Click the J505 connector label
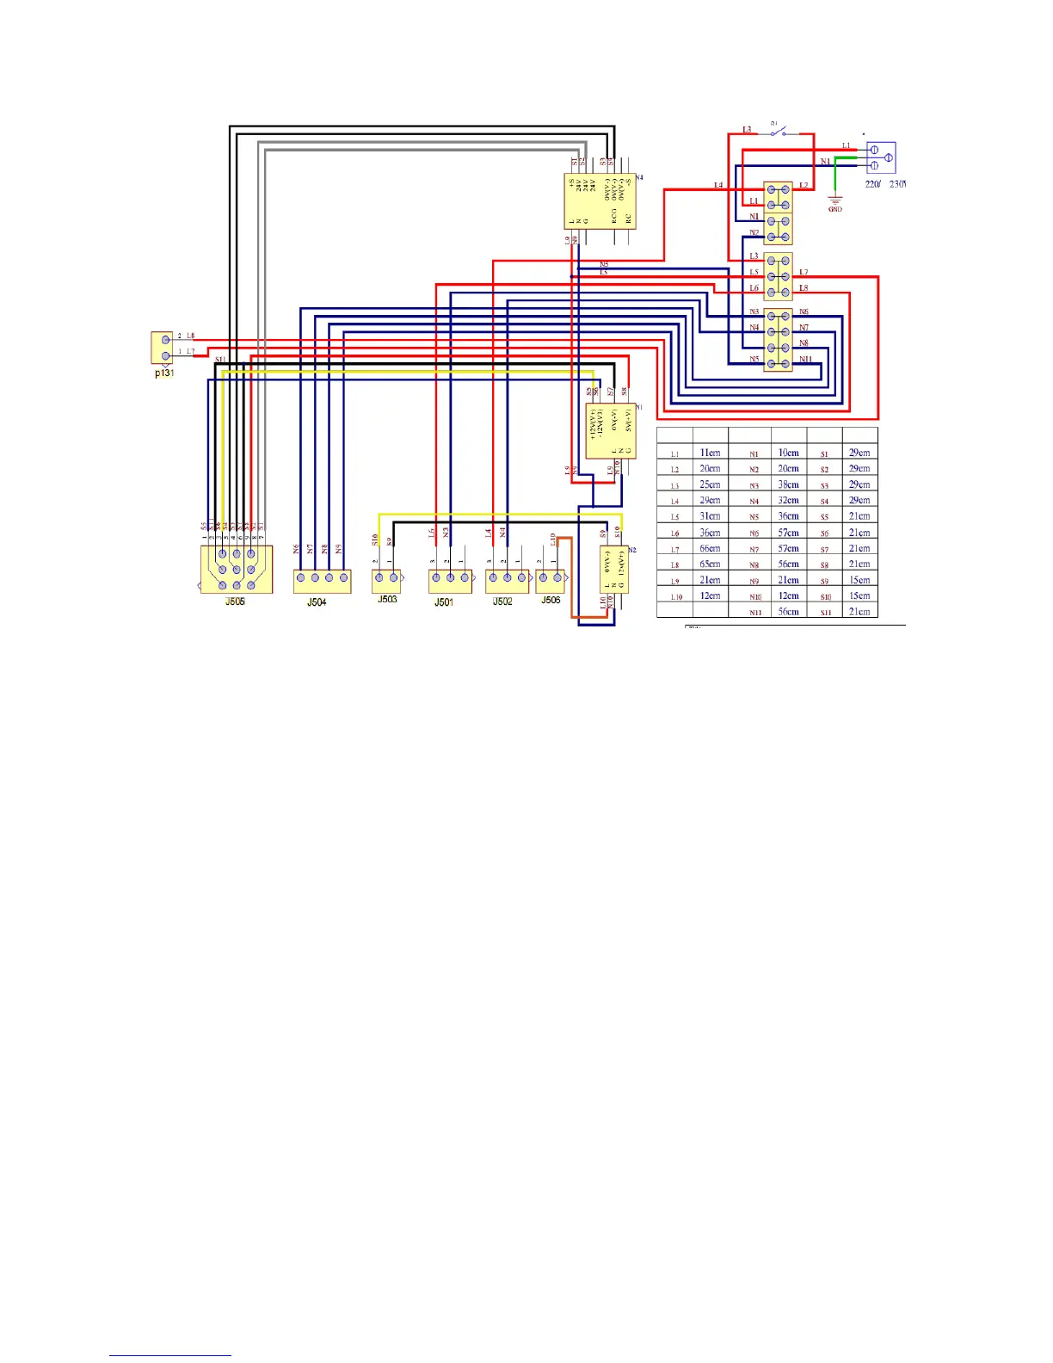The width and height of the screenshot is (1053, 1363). tap(235, 601)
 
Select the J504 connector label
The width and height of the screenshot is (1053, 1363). tap(317, 602)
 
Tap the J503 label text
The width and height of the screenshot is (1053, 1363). tap(387, 599)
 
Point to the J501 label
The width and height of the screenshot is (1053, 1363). tap(443, 602)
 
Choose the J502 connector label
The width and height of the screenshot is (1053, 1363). tap(502, 601)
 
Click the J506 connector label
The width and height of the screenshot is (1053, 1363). tap(551, 600)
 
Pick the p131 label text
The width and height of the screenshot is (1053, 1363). tap(163, 373)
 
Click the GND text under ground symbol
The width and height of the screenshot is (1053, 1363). tap(834, 210)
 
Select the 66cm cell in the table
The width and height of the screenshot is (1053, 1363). tap(710, 548)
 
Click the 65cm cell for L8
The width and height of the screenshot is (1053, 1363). tap(710, 564)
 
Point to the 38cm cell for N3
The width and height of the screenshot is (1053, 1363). tap(788, 484)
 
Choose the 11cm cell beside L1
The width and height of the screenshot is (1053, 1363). tap(710, 453)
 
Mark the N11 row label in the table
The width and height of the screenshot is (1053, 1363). tap(755, 613)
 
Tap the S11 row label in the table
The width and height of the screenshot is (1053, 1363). tap(825, 613)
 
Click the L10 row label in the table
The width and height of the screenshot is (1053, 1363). tap(676, 596)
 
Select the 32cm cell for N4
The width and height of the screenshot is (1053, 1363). tap(788, 501)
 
